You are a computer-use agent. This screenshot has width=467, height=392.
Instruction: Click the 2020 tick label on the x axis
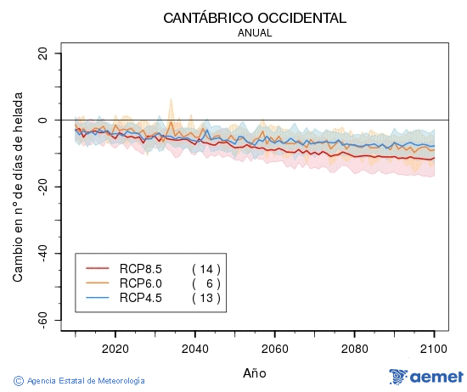coord(115,348)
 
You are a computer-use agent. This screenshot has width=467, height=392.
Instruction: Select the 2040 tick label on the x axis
coord(194,348)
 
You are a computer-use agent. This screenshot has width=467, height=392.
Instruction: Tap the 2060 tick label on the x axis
coord(274,348)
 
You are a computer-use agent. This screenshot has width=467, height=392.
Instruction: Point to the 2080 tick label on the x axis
coord(354,348)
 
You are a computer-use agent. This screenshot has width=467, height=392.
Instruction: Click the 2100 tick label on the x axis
coord(434,348)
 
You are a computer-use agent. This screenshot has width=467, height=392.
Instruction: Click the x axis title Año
coord(254,372)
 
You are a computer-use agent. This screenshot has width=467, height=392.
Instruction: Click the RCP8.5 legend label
coord(140,269)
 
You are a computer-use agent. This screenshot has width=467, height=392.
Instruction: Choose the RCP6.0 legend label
coord(140,283)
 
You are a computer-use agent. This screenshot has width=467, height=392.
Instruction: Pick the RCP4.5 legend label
coord(140,297)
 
